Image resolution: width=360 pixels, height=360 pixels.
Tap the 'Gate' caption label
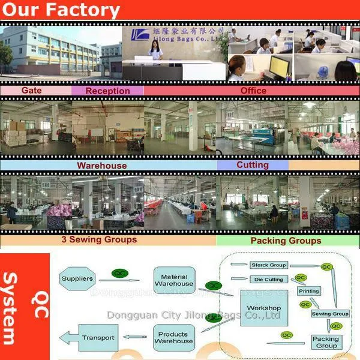35,90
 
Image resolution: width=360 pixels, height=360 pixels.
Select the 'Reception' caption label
107,91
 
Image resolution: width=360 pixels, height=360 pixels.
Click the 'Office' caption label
253,91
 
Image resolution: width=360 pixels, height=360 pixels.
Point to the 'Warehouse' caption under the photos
101,165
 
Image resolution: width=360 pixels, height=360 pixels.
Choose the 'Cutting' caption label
252,165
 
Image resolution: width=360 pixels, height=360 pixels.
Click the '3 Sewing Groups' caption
99,239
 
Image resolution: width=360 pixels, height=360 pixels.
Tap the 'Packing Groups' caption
286,241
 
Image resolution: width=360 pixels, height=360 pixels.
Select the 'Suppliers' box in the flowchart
77,279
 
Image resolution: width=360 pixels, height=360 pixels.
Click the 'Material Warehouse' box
174,279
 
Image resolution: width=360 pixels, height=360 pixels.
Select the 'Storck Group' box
269,265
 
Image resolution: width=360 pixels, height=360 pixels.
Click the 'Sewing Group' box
330,314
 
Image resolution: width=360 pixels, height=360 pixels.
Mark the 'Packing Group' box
326,343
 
